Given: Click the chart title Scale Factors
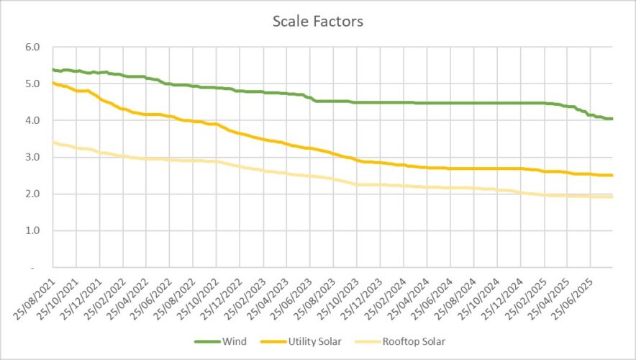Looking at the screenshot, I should pyautogui.click(x=317, y=22).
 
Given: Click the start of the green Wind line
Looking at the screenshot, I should pyautogui.click(x=53, y=70).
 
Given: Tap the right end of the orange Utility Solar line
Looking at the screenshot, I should pyautogui.click(x=612, y=175).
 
